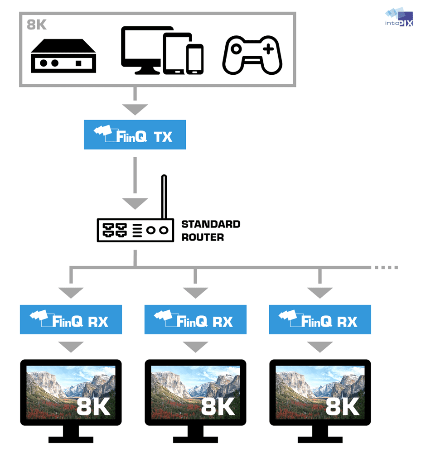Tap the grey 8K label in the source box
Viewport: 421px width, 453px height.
click(x=37, y=24)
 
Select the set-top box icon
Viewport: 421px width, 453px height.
click(x=63, y=56)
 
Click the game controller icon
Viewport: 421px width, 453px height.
click(x=252, y=56)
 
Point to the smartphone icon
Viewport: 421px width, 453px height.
click(x=195, y=58)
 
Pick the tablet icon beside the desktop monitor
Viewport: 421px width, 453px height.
click(x=174, y=54)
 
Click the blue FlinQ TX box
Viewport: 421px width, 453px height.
click(x=135, y=135)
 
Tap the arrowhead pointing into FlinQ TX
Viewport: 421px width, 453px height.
click(x=135, y=109)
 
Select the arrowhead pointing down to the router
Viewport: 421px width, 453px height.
click(x=135, y=203)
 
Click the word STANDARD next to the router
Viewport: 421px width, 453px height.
click(x=211, y=224)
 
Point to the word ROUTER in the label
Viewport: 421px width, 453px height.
click(x=203, y=237)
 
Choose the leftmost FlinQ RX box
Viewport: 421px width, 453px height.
click(x=71, y=319)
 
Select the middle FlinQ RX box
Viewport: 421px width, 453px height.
click(x=195, y=319)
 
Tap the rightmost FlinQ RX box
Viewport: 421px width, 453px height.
click(x=320, y=319)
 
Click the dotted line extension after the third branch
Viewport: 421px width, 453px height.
click(x=385, y=267)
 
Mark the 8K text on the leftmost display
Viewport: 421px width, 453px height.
click(x=93, y=407)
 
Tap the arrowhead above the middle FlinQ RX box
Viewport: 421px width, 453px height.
click(x=195, y=293)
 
